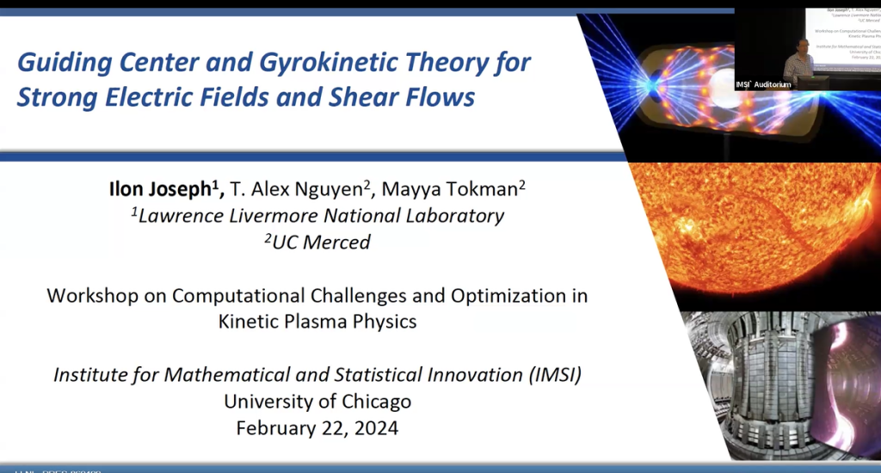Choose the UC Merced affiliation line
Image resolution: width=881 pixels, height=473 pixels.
click(x=318, y=243)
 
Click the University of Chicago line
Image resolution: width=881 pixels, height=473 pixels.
click(x=317, y=401)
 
